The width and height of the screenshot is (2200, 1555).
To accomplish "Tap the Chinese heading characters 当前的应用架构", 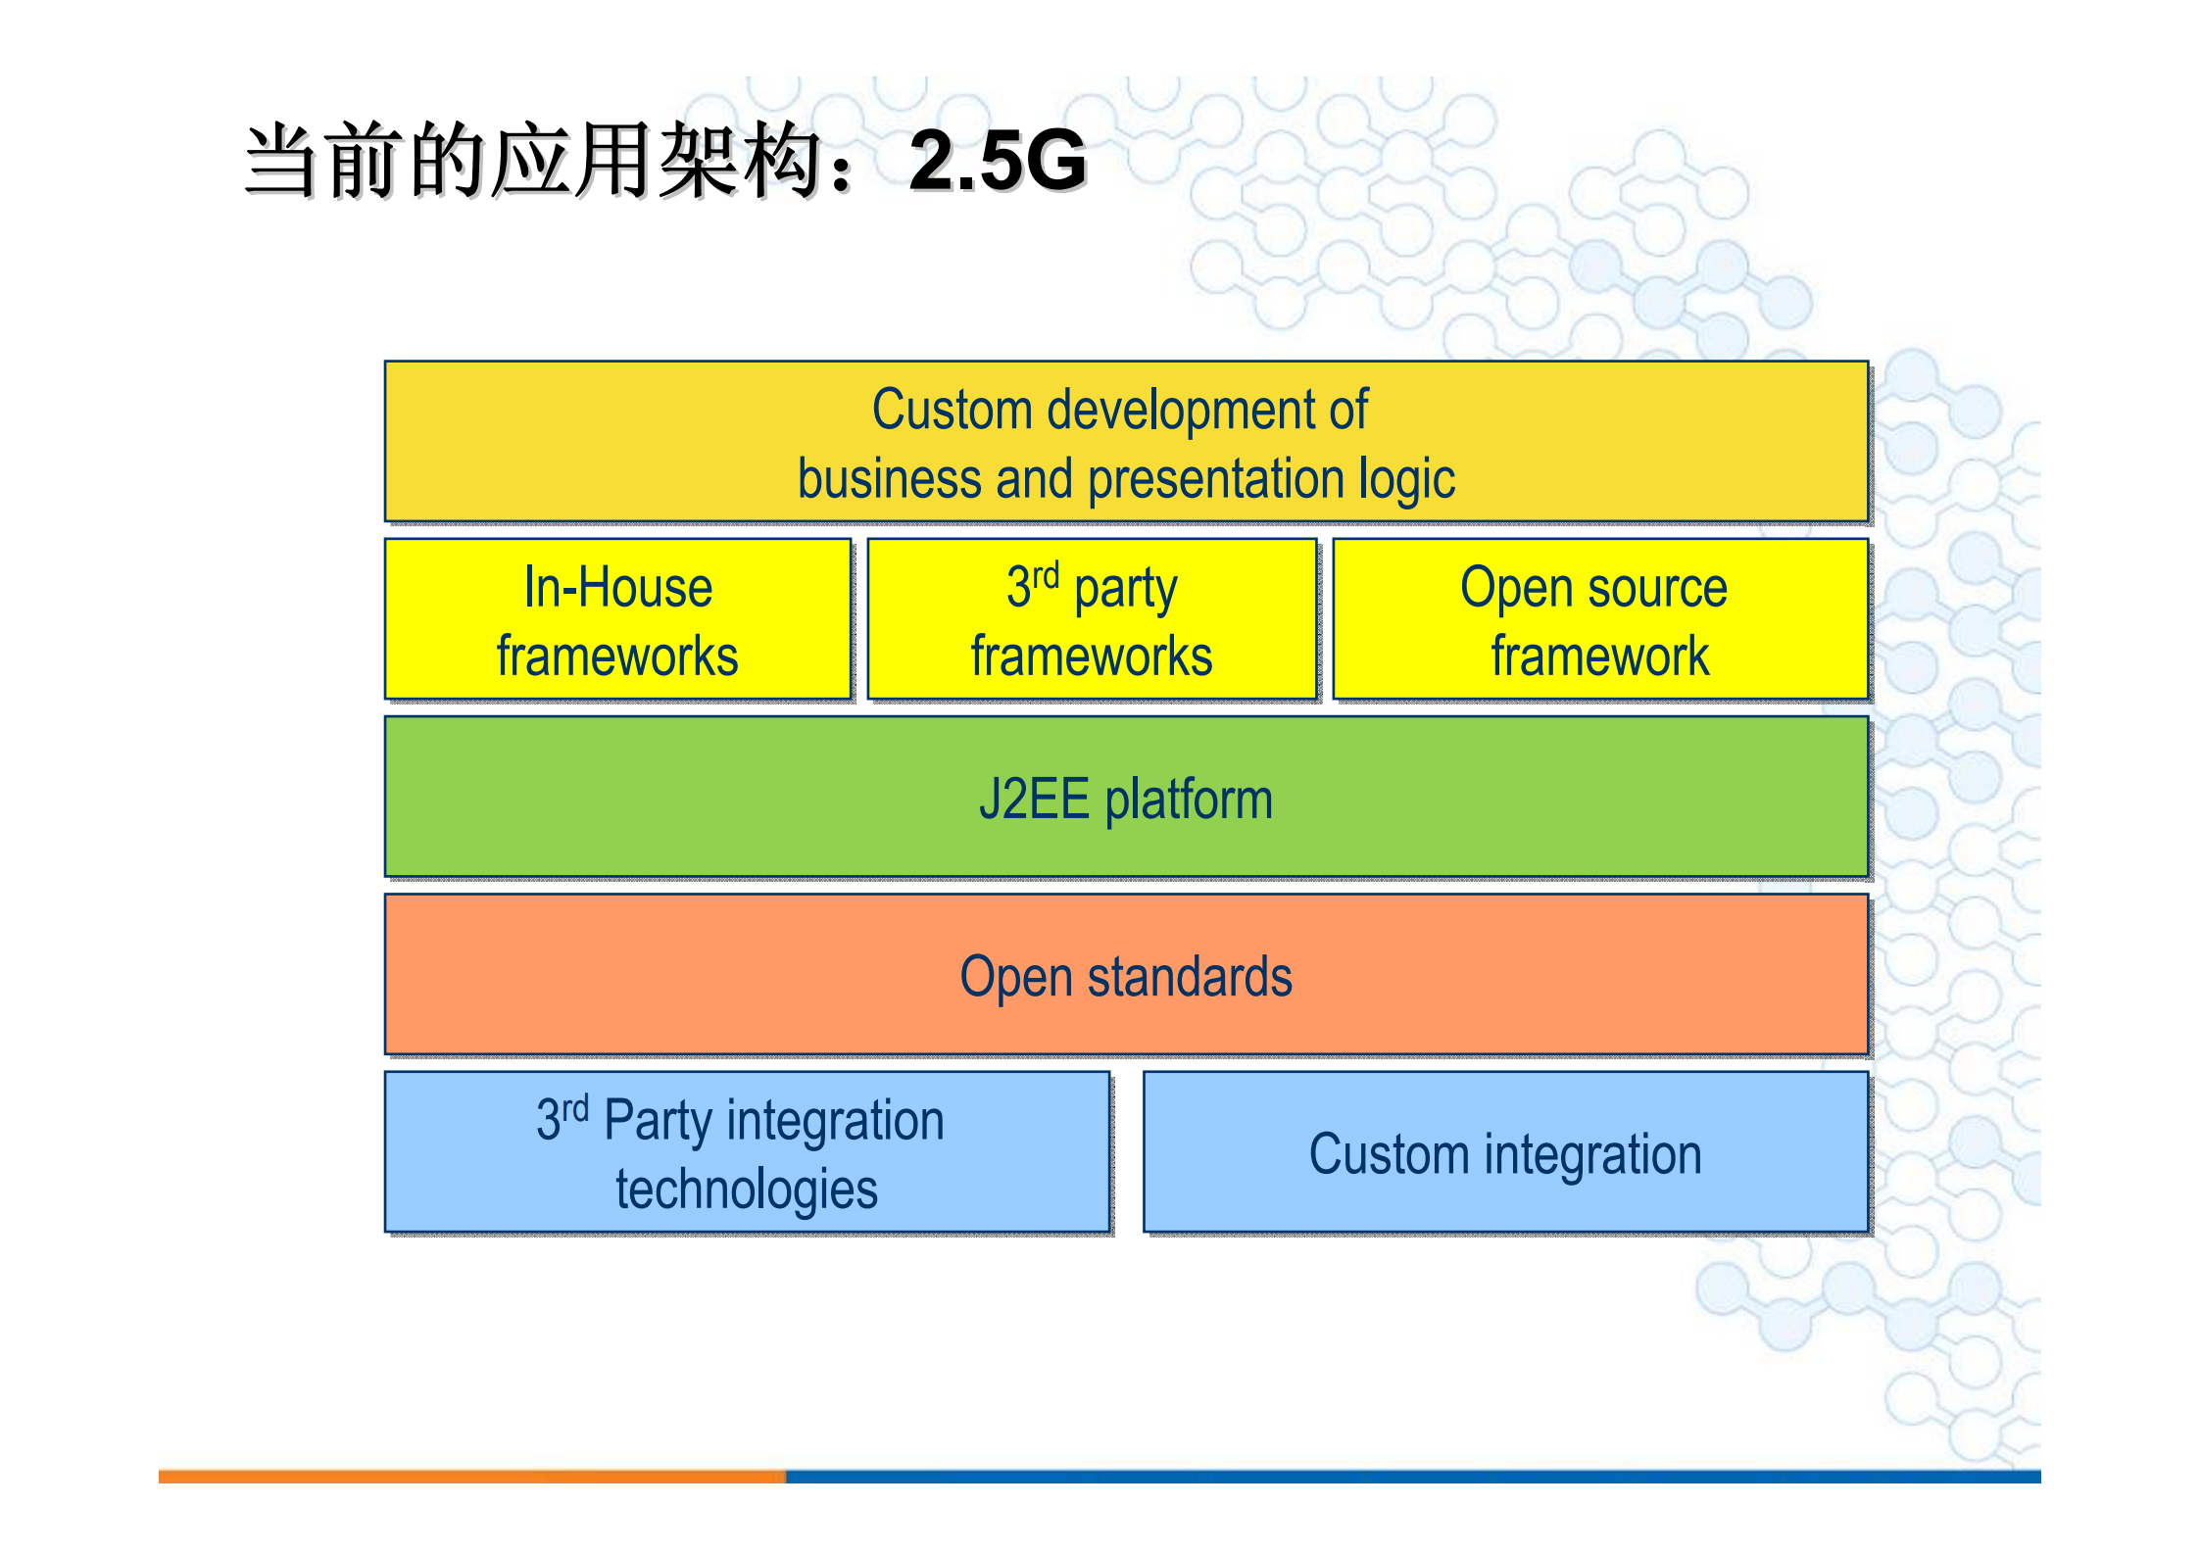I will tap(534, 162).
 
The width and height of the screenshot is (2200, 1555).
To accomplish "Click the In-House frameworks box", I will tap(617, 619).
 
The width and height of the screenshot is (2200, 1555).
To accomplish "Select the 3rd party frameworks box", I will tap(1092, 619).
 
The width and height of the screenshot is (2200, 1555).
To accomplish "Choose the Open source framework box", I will tap(1599, 619).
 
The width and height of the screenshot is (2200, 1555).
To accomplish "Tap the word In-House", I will tap(617, 588).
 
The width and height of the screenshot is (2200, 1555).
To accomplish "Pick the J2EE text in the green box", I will tap(1034, 799).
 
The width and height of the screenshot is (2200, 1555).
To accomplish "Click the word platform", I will tap(1189, 801).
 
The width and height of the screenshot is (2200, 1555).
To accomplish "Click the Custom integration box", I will tap(1505, 1152).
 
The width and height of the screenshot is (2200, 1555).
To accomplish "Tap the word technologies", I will tap(746, 1190).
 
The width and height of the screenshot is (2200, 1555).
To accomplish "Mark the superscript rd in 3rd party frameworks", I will tap(1046, 575).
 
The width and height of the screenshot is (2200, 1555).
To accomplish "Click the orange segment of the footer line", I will tap(470, 1476).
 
